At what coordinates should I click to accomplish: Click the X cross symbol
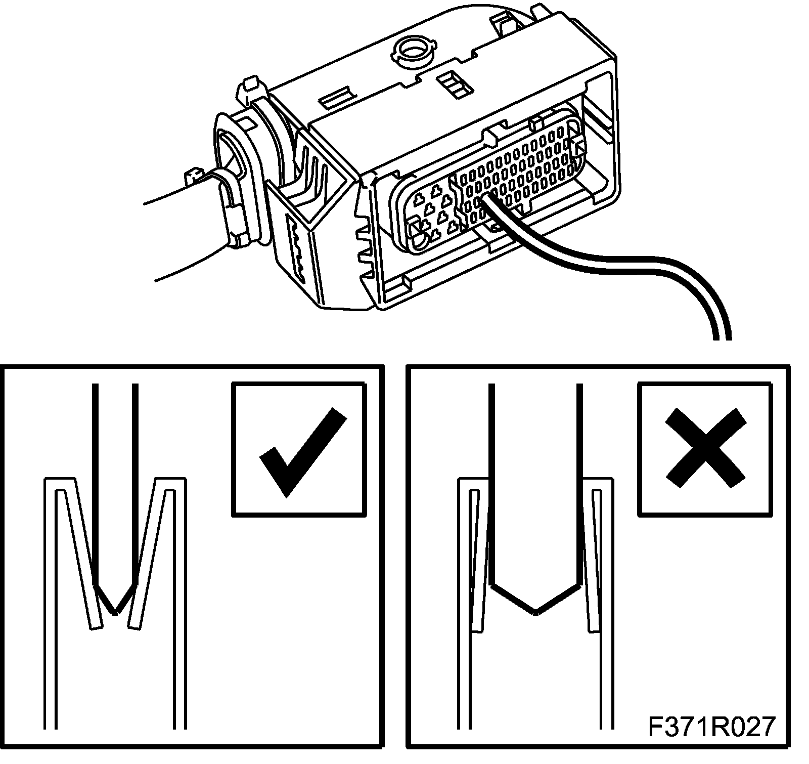pyautogui.click(x=705, y=448)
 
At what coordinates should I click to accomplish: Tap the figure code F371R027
pyautogui.click(x=711, y=728)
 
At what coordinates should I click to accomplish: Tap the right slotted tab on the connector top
pyautogui.click(x=455, y=83)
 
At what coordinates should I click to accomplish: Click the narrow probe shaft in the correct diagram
pyautogui.click(x=115, y=481)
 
